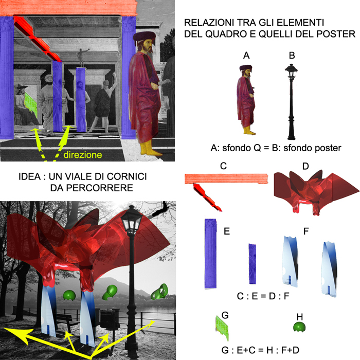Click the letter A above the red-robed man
click(x=246, y=56)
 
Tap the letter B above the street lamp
click(x=292, y=56)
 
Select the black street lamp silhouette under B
click(x=291, y=102)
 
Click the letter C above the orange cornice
click(x=223, y=166)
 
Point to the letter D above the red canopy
click(x=305, y=166)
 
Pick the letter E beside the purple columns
click(x=227, y=231)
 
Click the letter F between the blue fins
click(x=306, y=231)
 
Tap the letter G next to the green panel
click(x=225, y=315)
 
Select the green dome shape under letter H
click(x=299, y=327)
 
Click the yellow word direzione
click(x=83, y=155)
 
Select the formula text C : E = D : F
click(x=263, y=296)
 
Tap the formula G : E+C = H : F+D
click(x=260, y=350)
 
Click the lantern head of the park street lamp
click(x=132, y=219)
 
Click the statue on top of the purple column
click(x=81, y=58)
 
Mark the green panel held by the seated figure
click(x=31, y=104)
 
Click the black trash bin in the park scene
click(x=110, y=318)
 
